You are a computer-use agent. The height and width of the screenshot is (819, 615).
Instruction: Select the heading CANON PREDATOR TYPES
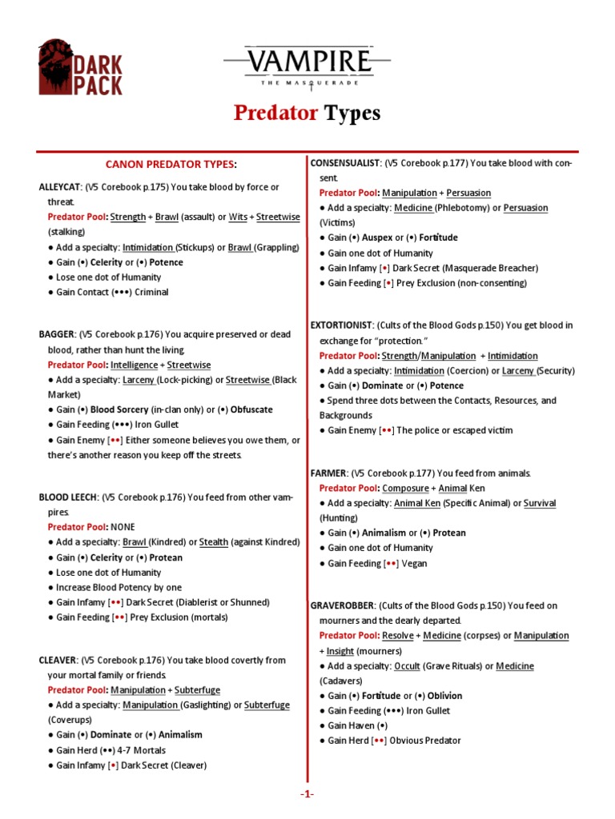pyautogui.click(x=171, y=164)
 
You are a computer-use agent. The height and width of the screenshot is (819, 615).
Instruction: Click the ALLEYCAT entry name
pyautogui.click(x=60, y=187)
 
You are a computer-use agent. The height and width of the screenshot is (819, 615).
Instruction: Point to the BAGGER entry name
pyautogui.click(x=57, y=334)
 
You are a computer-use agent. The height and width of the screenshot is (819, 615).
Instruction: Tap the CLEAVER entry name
pyautogui.click(x=58, y=661)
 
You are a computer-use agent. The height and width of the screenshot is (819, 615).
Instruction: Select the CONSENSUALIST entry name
pyautogui.click(x=344, y=163)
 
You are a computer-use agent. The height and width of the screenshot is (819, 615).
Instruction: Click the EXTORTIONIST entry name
pyautogui.click(x=342, y=326)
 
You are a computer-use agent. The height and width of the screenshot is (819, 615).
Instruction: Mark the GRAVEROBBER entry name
pyautogui.click(x=343, y=605)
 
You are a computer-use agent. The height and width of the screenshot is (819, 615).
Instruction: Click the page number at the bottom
pyautogui.click(x=307, y=793)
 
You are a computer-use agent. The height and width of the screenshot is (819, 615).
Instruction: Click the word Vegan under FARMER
pyautogui.click(x=415, y=563)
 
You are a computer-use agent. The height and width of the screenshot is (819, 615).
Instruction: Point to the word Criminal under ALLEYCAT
pyautogui.click(x=151, y=292)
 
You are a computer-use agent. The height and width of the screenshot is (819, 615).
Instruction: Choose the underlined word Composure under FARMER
pyautogui.click(x=405, y=488)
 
